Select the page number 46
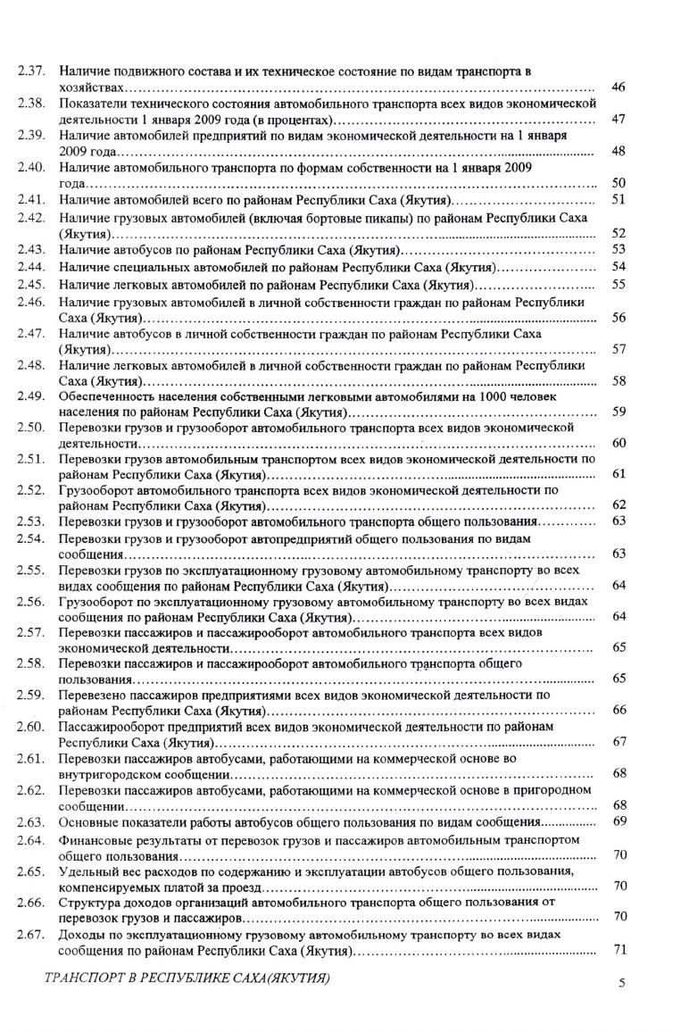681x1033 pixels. point(618,87)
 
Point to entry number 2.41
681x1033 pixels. point(31,199)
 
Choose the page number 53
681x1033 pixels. point(618,249)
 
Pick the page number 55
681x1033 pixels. point(618,284)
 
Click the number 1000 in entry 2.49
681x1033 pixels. point(494,396)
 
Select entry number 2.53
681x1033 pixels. point(31,521)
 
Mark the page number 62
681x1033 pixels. point(618,504)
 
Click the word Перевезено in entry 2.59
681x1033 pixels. point(93,694)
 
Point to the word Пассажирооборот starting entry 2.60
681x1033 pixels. point(109,726)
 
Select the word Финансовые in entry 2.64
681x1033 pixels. point(95,839)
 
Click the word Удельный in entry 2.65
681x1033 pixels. point(87,871)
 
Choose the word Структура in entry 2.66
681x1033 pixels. point(90,902)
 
